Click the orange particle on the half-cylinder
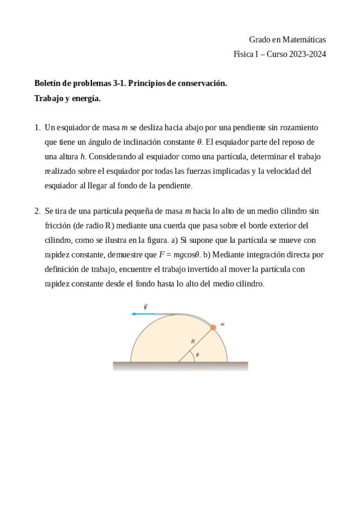213,327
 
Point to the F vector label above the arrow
145,306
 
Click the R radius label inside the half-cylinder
193,341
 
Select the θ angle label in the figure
197,355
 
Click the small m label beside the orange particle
222,324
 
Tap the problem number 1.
37,127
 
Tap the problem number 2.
37,211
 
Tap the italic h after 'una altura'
83,156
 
